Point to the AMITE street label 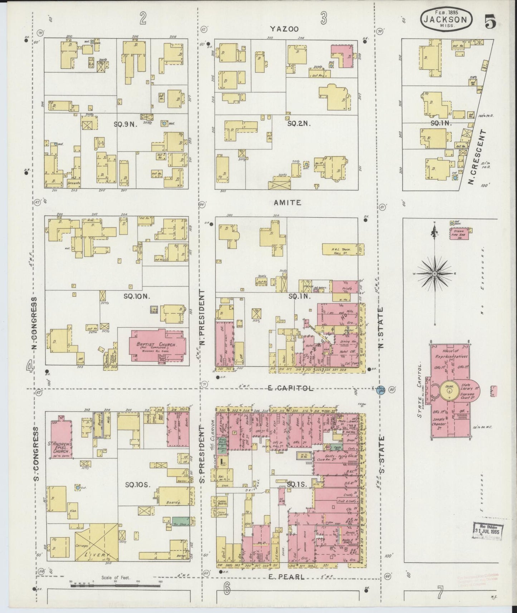click(287, 202)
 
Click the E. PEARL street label click(286, 577)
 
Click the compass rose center click(434, 274)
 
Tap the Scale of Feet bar click(116, 585)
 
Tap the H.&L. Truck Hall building click(340, 249)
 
